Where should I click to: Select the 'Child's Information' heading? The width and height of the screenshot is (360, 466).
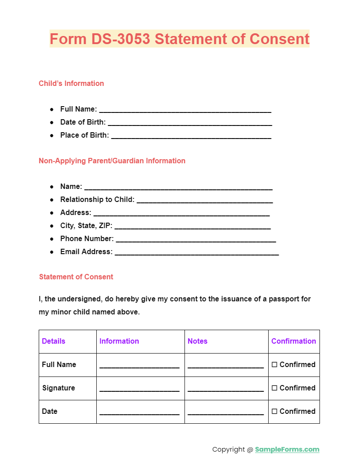(71, 83)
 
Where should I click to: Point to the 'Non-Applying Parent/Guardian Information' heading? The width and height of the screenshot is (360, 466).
(112, 161)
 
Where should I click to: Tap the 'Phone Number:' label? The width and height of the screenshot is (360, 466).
(87, 238)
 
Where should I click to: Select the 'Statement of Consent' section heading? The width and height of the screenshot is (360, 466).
(76, 277)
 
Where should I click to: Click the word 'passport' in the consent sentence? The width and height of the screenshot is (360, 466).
(263, 299)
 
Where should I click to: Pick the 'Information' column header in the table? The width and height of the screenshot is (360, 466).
(119, 341)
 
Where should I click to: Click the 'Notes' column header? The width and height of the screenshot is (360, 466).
(198, 341)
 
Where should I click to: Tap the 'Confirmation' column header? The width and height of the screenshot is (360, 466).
(293, 341)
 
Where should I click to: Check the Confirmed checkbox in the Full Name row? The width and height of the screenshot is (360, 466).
(274, 365)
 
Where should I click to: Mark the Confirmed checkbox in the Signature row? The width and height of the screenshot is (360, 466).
(274, 388)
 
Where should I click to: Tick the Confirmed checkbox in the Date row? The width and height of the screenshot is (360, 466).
(274, 412)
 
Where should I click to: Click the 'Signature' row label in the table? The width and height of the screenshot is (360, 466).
(58, 388)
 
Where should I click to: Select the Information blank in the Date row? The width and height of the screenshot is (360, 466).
(139, 412)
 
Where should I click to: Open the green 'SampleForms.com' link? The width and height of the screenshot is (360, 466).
(287, 449)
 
